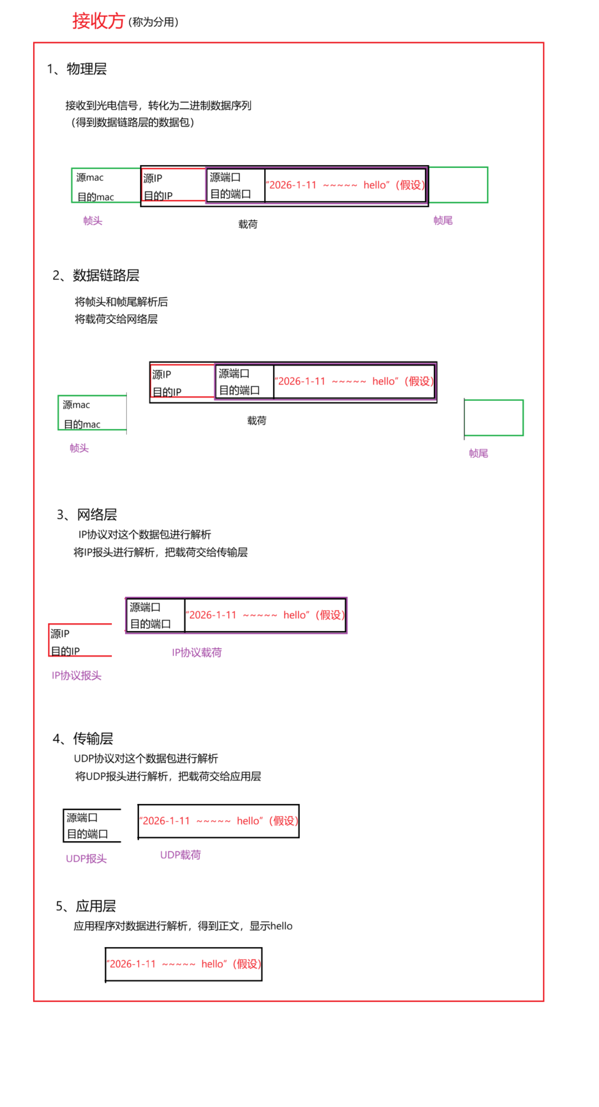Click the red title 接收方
(98, 21)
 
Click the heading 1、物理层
(77, 69)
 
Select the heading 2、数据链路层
(96, 275)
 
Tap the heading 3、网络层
(87, 514)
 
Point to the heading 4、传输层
(83, 738)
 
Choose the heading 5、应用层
(86, 906)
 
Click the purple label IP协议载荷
(196, 652)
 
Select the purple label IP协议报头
(76, 675)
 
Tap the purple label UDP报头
(86, 858)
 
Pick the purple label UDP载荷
(180, 855)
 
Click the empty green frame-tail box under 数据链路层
(493, 417)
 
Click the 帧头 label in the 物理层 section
(92, 221)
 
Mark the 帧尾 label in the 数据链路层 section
(478, 453)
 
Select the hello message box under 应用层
(184, 964)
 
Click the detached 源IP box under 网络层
(80, 640)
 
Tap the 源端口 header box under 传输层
(92, 826)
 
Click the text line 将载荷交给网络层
(116, 319)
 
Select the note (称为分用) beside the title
(153, 22)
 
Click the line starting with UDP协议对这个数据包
(146, 758)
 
